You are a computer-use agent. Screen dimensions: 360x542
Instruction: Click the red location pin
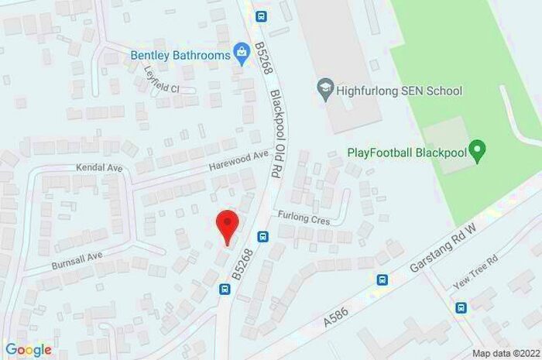point(225,225)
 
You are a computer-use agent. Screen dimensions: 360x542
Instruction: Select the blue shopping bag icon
point(242,54)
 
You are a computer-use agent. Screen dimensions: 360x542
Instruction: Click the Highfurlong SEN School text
point(400,91)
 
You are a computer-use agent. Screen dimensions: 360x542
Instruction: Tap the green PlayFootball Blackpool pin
point(478,150)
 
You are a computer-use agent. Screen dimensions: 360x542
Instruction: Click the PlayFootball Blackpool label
point(407,151)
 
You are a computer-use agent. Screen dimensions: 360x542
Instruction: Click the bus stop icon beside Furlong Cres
point(263,236)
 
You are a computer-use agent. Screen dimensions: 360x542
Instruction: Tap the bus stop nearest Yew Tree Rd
point(461,307)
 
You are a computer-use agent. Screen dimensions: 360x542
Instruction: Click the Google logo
point(29,350)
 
